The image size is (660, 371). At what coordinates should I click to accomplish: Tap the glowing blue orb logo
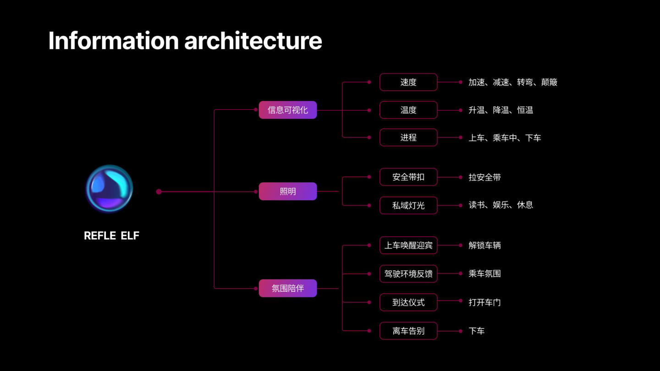(109, 189)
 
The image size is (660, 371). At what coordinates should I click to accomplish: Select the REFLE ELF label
(111, 236)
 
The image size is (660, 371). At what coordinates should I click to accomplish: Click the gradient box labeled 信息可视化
(287, 110)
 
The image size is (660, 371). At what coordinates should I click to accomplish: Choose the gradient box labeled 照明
(287, 191)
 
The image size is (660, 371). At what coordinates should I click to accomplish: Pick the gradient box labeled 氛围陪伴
(287, 288)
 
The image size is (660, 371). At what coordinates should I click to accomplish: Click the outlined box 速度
(408, 82)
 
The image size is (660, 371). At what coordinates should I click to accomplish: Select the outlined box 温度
(408, 110)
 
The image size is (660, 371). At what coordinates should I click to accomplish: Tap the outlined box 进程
(408, 137)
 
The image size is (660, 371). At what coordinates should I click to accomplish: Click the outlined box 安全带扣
(408, 177)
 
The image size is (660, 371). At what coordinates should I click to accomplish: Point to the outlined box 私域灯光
(408, 206)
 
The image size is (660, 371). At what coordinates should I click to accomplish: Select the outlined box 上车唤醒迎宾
(408, 245)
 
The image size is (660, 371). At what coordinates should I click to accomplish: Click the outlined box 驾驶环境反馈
(408, 274)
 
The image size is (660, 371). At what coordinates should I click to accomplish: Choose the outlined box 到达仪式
(408, 302)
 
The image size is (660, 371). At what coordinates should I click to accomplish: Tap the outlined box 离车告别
(408, 331)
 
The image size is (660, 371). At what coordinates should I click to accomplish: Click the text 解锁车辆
(484, 246)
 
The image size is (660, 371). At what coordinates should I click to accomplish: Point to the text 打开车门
(484, 302)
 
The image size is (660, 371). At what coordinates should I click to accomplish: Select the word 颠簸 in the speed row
(549, 82)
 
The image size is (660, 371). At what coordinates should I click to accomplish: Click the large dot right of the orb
(159, 191)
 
